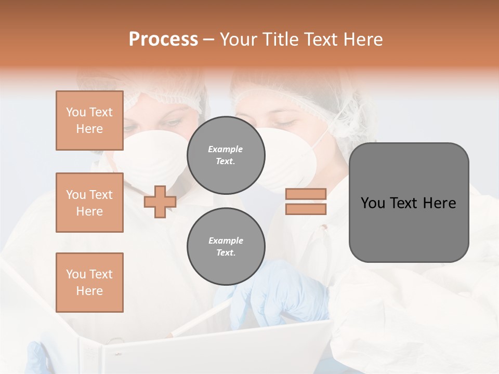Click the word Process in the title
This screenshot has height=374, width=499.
tap(163, 39)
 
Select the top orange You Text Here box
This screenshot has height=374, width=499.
tap(89, 121)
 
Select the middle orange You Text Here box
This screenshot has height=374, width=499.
tap(89, 203)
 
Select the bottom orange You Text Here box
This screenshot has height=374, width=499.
tap(89, 283)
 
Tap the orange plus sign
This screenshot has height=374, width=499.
tap(160, 202)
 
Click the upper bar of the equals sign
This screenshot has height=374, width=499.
tap(306, 194)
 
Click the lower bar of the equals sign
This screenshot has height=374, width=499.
tap(306, 209)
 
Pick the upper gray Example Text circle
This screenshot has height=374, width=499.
tap(226, 155)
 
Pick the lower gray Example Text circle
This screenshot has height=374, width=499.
tap(226, 246)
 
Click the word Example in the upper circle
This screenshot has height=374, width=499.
tap(226, 149)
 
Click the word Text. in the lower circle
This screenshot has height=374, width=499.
tap(226, 252)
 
